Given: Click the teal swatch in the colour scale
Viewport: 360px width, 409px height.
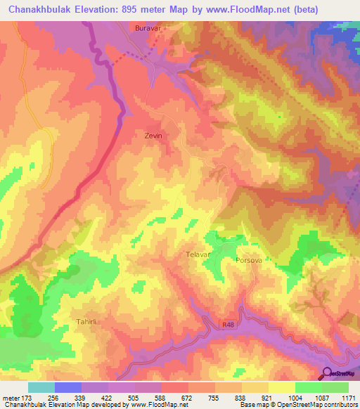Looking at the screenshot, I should tap(41, 387).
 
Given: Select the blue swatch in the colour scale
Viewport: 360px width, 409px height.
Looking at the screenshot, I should tap(68, 387).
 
